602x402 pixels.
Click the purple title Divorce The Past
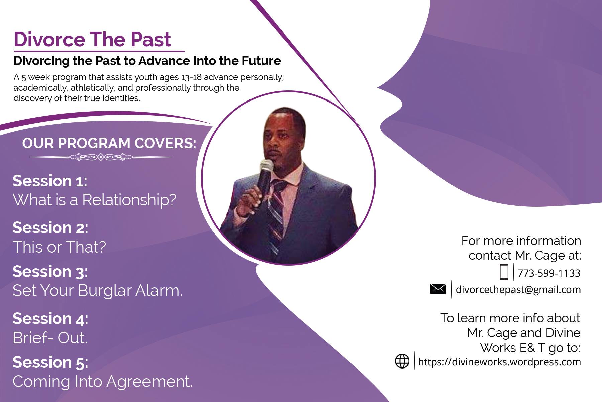(x=93, y=40)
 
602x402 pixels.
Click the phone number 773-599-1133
(x=549, y=273)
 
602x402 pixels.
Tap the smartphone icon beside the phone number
(x=504, y=272)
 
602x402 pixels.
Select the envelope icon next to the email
(x=438, y=289)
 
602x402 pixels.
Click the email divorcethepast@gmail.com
(x=518, y=289)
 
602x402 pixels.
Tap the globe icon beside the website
(x=402, y=361)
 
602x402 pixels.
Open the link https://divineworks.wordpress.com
(x=499, y=362)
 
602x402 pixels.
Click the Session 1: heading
(x=50, y=181)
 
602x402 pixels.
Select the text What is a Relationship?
(x=94, y=200)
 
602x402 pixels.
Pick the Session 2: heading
(x=51, y=228)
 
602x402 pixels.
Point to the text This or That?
(x=59, y=247)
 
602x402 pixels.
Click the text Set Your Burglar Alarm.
(x=97, y=290)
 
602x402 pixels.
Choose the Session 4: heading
(x=51, y=319)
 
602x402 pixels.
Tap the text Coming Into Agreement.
(x=103, y=382)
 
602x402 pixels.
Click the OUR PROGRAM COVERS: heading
(x=109, y=143)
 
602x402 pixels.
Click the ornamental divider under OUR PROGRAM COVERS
(x=101, y=157)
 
